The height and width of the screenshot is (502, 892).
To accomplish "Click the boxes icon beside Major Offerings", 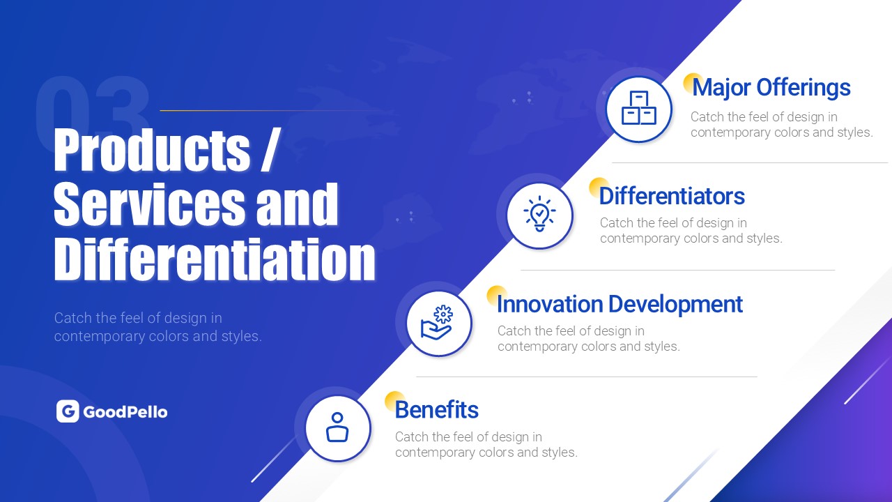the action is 639,108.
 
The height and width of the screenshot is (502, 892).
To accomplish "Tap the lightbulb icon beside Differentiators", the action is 539,213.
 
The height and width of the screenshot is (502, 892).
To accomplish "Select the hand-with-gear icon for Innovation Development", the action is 437,323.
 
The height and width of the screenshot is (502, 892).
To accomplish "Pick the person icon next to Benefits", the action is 337,427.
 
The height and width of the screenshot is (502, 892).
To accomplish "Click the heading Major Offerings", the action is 771,87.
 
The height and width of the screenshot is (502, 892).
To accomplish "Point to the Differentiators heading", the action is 672,196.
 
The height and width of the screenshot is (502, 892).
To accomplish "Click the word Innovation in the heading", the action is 550,305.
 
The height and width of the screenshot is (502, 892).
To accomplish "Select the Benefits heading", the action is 436,409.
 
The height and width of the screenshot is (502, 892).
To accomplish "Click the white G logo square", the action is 68,411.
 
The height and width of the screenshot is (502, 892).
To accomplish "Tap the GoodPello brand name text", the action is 125,412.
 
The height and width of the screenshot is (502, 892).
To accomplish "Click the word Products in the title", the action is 152,149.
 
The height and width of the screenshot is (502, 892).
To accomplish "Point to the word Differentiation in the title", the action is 215,259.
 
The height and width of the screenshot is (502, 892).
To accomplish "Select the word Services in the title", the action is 149,204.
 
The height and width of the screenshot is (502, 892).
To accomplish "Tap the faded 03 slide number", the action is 93,107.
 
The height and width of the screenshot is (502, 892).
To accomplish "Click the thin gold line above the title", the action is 271,110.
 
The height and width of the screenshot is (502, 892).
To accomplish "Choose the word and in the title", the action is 297,204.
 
